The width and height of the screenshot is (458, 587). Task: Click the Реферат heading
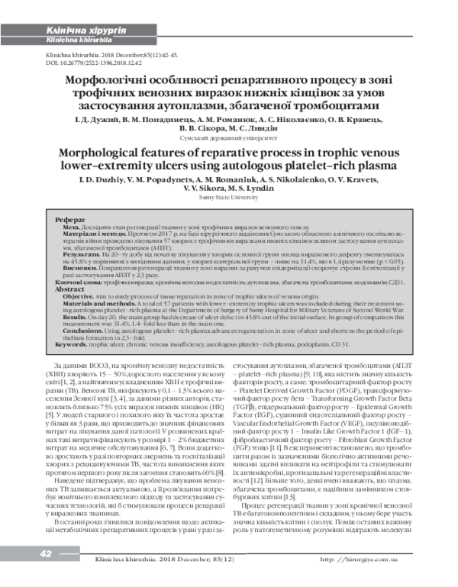click(x=69, y=219)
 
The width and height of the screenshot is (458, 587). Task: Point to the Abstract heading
click(x=69, y=290)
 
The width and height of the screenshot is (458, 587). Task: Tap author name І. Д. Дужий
click(x=98, y=121)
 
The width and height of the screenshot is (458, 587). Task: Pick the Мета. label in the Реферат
click(x=71, y=227)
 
